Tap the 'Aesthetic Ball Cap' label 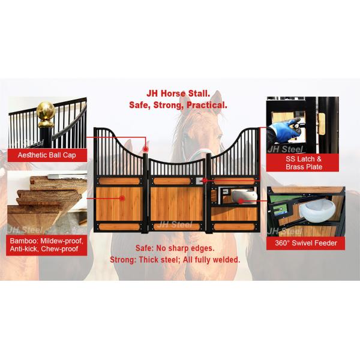tap(47, 155)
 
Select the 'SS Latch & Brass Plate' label tap(302, 163)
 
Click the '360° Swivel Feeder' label tap(305, 243)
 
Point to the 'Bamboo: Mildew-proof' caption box tap(47, 245)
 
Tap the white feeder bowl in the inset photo tap(316, 211)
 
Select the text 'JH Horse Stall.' tap(178, 94)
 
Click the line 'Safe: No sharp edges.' tap(175, 248)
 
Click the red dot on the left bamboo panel tap(122, 198)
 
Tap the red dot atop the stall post tap(146, 149)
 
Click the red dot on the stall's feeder tap(241, 201)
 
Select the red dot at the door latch tap(205, 181)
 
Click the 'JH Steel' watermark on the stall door tap(175, 224)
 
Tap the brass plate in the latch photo tap(322, 124)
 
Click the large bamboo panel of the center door tap(177, 204)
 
